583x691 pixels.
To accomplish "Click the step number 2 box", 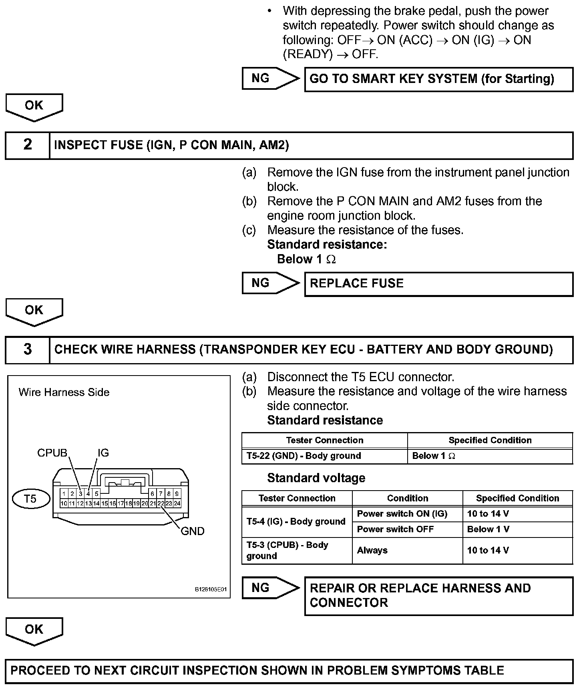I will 27,145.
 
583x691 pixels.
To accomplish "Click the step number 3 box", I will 27,350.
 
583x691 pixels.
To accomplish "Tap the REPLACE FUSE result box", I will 438,284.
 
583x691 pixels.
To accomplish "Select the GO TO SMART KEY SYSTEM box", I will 438,79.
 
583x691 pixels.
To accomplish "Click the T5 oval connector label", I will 30,499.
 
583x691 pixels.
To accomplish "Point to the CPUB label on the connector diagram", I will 52,453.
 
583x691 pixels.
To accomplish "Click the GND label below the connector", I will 193,531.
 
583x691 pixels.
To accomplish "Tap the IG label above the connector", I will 103,453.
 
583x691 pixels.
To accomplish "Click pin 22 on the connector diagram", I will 161,503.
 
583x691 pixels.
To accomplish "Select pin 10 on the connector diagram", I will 64,503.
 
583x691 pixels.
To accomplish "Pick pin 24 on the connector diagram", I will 177,503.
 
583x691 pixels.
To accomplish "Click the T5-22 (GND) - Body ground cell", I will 324,456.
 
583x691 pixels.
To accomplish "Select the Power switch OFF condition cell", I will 407,529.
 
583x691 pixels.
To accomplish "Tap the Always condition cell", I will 407,551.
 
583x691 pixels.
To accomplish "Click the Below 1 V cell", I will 517,529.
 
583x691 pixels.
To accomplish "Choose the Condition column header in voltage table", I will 407,498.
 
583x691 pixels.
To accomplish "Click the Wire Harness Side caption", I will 64,392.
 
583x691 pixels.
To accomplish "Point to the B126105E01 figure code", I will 211,590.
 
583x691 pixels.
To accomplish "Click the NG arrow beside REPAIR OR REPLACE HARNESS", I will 270,588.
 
